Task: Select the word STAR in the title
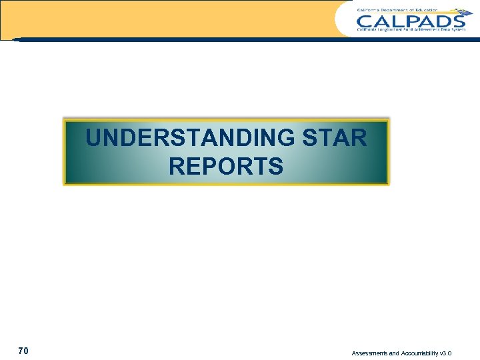(x=335, y=139)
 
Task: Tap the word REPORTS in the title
(x=226, y=167)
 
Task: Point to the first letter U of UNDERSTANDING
(x=94, y=139)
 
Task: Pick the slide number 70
(x=23, y=351)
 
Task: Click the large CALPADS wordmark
(x=410, y=20)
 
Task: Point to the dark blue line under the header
(x=240, y=39)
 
